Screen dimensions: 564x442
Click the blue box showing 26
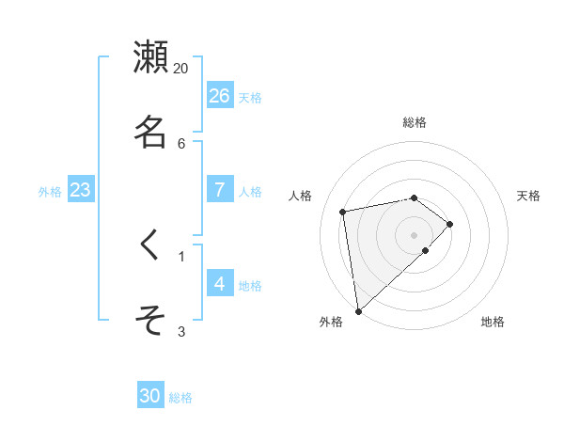(220, 95)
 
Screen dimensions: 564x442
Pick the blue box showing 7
(220, 189)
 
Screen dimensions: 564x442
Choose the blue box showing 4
(220, 283)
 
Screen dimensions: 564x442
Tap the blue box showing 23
(81, 190)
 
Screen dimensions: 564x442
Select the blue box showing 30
(150, 396)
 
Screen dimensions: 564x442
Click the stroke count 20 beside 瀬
(181, 68)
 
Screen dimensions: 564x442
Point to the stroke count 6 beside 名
(181, 143)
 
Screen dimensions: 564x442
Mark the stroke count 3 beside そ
(181, 331)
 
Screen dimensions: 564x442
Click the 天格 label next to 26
(250, 98)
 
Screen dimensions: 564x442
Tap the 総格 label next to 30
(180, 398)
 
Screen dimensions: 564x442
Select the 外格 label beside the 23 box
(50, 192)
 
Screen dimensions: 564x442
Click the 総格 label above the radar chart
(415, 122)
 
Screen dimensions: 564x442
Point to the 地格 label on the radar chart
(493, 322)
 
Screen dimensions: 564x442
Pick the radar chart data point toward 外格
(358, 309)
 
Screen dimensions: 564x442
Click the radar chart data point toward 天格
(450, 224)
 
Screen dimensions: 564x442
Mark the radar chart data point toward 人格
(344, 211)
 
